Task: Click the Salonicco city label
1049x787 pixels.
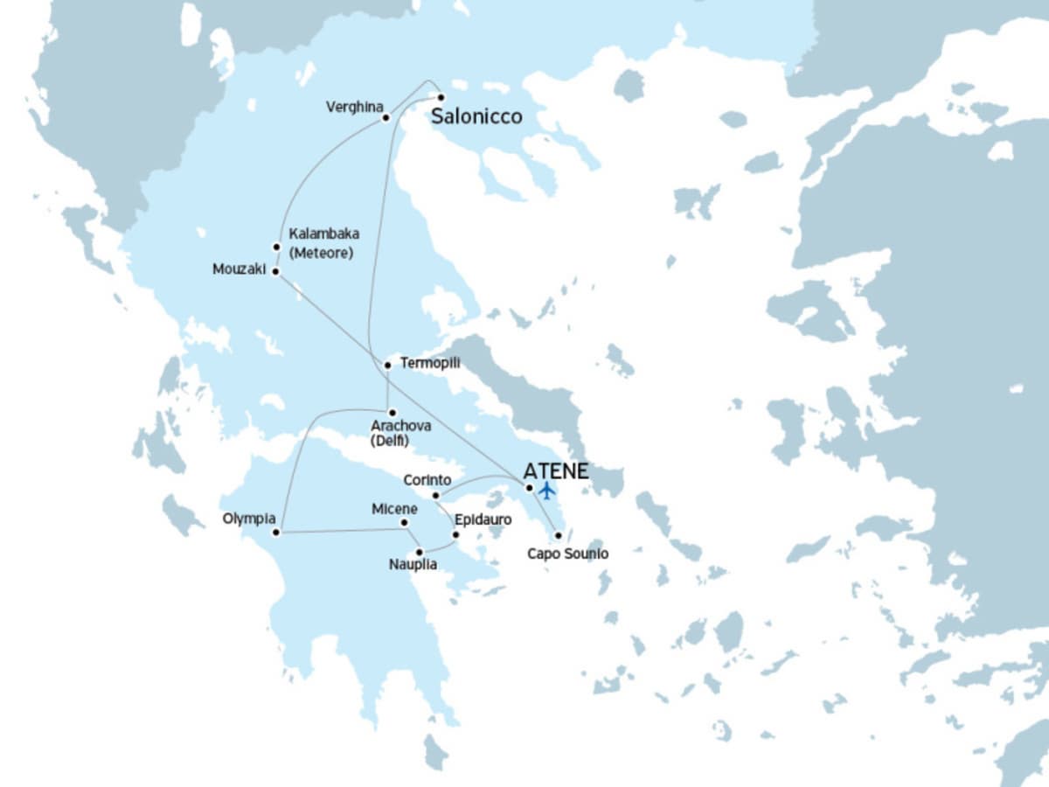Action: point(477,116)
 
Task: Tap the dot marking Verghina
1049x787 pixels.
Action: point(386,117)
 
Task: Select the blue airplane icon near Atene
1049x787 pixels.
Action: point(547,490)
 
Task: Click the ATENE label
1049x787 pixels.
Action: point(556,470)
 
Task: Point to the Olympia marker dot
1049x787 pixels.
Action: point(276,532)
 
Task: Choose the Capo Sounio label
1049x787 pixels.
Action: point(568,554)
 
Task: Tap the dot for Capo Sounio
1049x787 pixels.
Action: point(558,535)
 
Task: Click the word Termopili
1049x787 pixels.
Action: point(429,362)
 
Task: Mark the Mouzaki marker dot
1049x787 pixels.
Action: point(275,272)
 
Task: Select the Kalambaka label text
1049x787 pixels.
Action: point(323,234)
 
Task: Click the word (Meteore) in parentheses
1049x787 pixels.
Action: point(320,254)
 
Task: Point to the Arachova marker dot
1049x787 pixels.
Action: point(392,413)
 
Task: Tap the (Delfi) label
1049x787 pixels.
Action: point(390,442)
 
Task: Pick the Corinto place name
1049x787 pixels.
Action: point(427,480)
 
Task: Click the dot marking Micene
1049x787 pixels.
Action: point(404,523)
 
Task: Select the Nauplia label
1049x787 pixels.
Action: point(413,565)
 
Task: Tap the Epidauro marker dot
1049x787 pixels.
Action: point(455,534)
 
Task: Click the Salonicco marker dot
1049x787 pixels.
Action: point(441,97)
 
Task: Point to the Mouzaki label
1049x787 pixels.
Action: point(238,269)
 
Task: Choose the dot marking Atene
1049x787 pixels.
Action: point(529,488)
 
